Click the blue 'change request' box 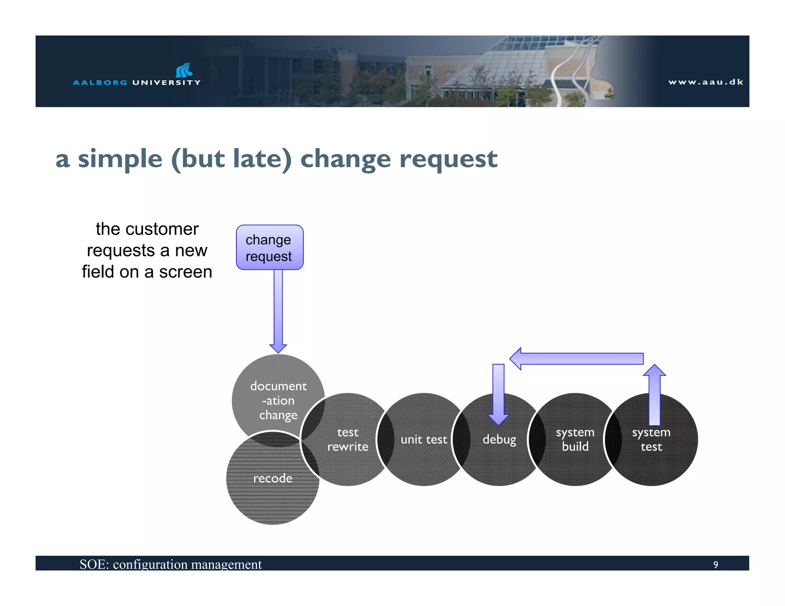coord(269,247)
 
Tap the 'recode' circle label coord(273,478)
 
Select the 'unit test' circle coord(424,439)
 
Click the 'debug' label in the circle coord(499,439)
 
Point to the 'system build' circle coord(575,439)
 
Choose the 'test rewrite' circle coord(348,439)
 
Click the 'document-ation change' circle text coord(278,400)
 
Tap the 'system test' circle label coord(651,439)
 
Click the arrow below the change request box coord(278,310)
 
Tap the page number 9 coord(715,565)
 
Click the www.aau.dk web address coord(706,82)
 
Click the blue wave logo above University coord(184,70)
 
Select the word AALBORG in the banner coord(100,82)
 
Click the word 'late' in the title coord(257,159)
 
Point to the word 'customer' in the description coord(162,229)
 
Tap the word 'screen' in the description coord(186,272)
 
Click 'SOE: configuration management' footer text coord(171,564)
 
